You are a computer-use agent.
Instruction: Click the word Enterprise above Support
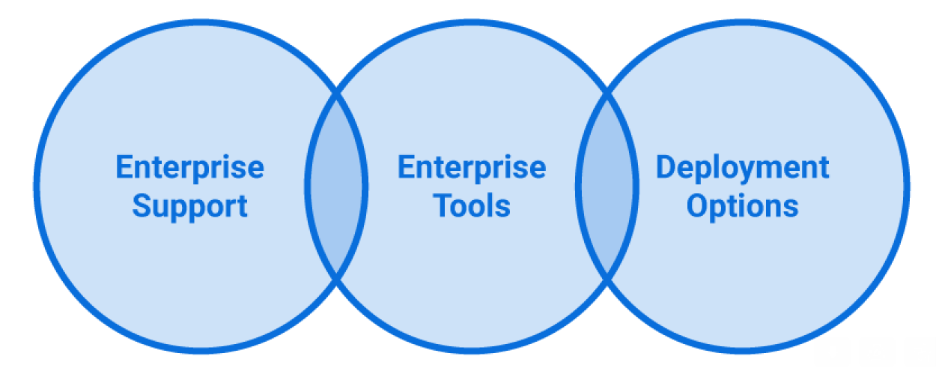189,167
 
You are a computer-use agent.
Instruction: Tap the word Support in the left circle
189,206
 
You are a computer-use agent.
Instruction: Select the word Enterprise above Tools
471,167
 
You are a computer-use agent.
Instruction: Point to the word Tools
472,206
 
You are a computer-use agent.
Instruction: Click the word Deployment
742,167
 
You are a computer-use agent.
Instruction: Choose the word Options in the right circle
742,206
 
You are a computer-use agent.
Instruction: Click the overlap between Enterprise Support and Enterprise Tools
336,186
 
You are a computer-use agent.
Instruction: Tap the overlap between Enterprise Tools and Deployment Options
607,186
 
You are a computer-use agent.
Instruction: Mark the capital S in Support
140,205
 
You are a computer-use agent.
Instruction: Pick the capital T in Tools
442,205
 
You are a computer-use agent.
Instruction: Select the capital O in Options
696,205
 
